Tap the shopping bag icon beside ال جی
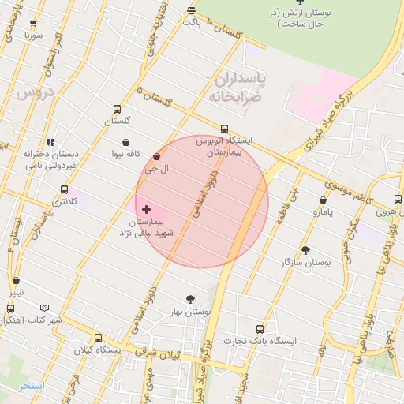[x=156, y=156]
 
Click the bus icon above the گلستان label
[x=118, y=110]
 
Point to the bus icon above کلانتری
[x=64, y=189]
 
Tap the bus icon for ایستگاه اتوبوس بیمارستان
[x=224, y=129]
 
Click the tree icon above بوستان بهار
[x=190, y=299]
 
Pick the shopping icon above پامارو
[x=324, y=200]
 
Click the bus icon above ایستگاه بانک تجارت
[x=260, y=329]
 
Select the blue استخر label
[x=32, y=386]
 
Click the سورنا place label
[x=32, y=36]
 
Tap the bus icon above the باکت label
[x=191, y=9]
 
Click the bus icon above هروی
[x=398, y=200]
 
